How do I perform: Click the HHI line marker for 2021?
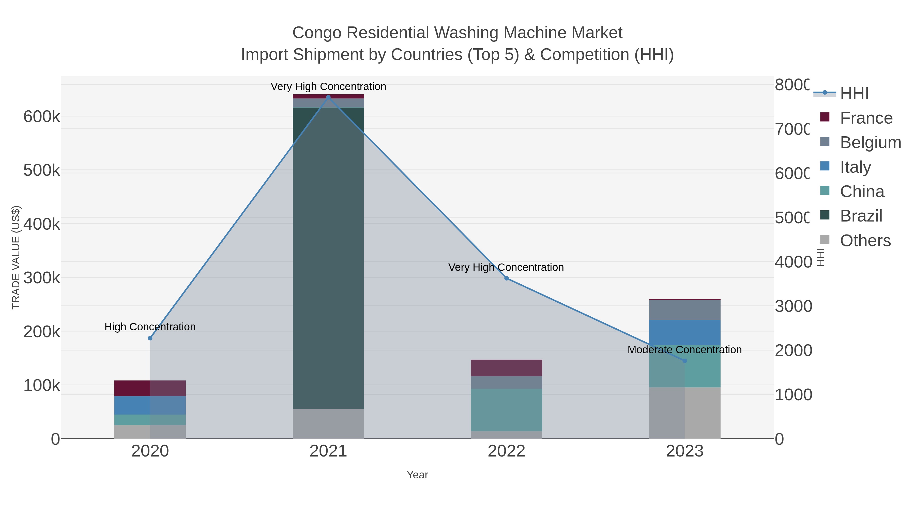[x=328, y=97]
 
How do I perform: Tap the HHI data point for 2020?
[x=150, y=338]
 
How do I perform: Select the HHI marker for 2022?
[x=507, y=278]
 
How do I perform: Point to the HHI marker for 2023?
[x=685, y=361]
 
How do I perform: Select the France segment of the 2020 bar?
[x=150, y=388]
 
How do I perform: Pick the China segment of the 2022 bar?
[x=507, y=409]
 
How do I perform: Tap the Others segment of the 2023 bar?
[x=685, y=413]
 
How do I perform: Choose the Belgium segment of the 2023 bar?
[x=685, y=310]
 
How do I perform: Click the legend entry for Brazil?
[x=861, y=216]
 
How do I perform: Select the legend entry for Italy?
[x=855, y=167]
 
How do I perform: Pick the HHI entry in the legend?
[x=854, y=93]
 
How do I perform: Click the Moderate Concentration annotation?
[x=684, y=350]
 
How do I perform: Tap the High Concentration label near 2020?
[x=150, y=327]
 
